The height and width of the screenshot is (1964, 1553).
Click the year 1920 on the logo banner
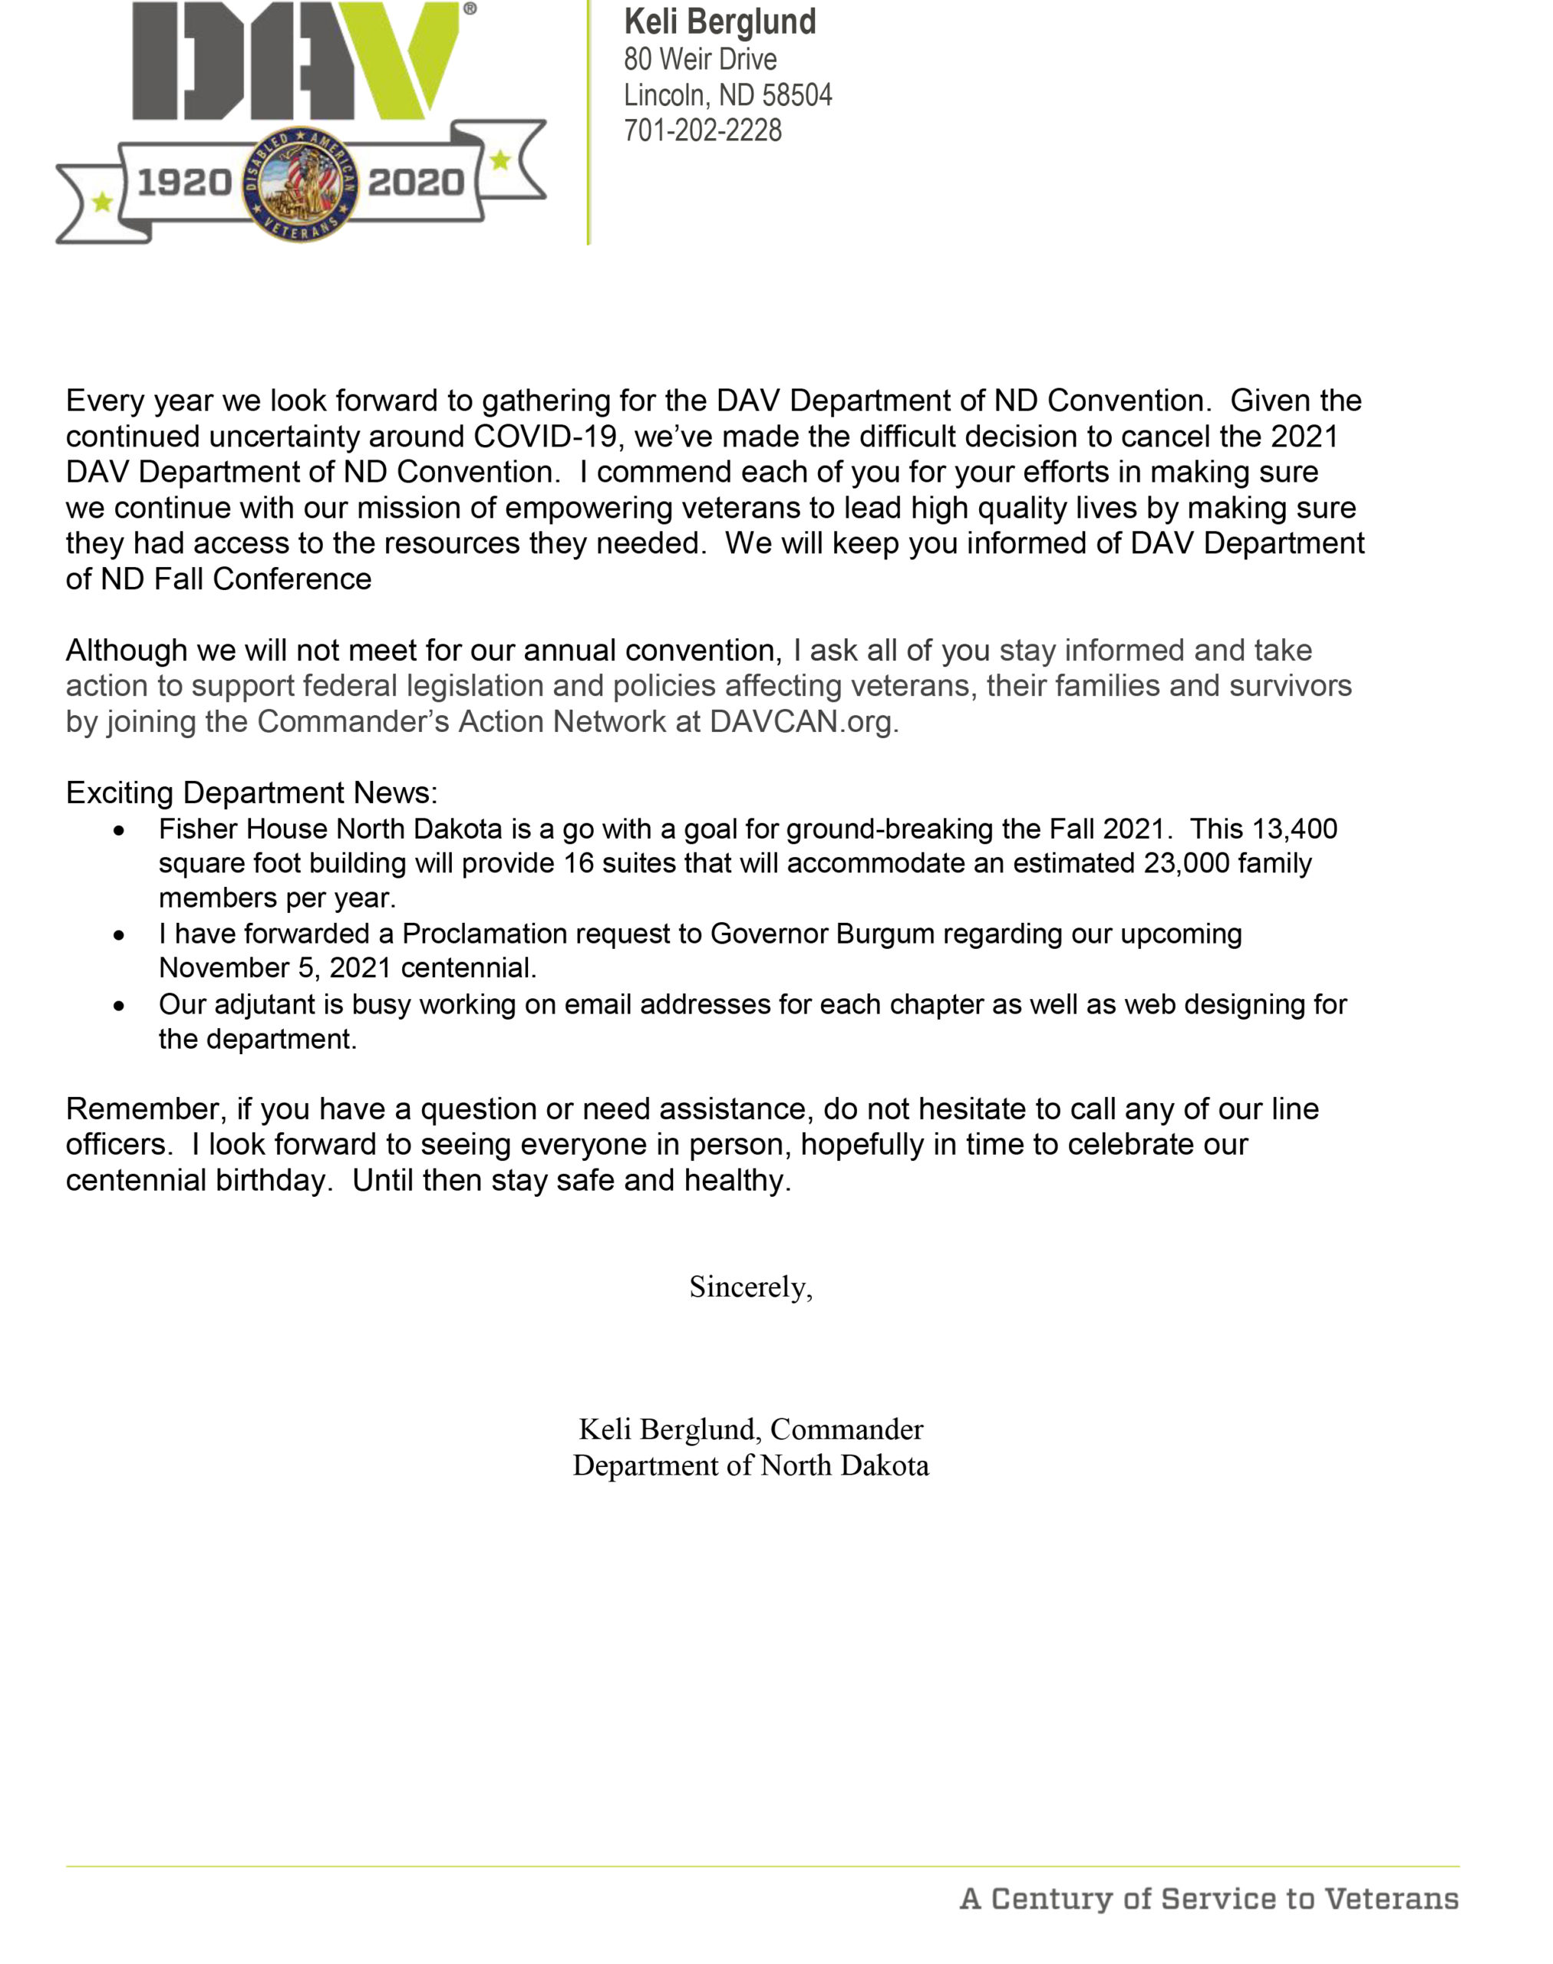[x=185, y=183]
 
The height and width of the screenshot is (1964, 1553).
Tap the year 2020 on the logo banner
[x=416, y=183]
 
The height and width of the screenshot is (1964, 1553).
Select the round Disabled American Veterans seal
[x=300, y=183]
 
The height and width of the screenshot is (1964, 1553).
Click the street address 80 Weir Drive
[x=699, y=59]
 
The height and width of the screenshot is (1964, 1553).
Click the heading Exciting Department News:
[x=251, y=793]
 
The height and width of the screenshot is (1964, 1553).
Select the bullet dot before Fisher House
[x=118, y=831]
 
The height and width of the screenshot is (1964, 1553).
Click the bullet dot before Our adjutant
[x=118, y=1007]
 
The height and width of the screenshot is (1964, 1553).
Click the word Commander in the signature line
[x=846, y=1429]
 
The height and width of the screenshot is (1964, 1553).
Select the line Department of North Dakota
[x=750, y=1466]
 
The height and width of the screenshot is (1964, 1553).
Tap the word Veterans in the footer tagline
[x=1391, y=1899]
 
